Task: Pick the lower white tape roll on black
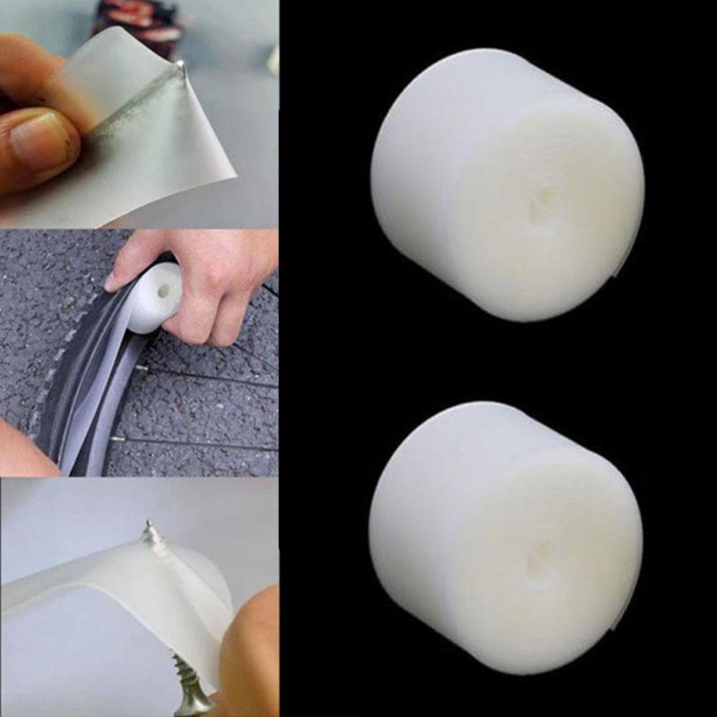click(505, 538)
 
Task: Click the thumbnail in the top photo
click(39, 140)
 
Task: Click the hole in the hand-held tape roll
click(164, 291)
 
